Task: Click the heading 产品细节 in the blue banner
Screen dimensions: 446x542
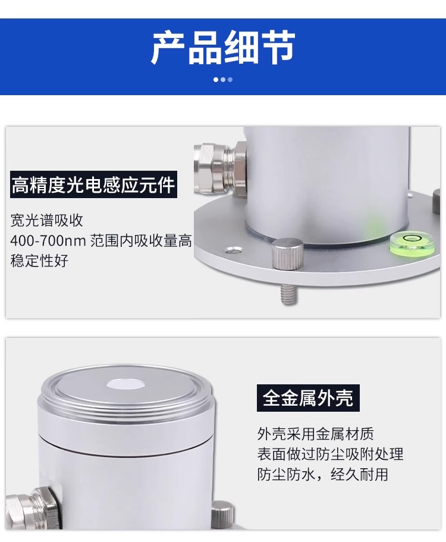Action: coord(223,47)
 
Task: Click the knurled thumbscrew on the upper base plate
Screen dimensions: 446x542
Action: coord(287,253)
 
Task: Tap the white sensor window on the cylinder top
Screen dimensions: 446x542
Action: coord(125,384)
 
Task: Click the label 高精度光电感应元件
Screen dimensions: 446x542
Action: coord(93,184)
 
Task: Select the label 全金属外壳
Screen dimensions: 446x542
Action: coord(308,398)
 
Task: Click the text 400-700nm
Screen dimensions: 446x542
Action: coord(48,240)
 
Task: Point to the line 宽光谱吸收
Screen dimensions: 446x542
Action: coord(47,221)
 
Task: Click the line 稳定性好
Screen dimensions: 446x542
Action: coord(39,261)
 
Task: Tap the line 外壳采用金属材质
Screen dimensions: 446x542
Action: coord(315,434)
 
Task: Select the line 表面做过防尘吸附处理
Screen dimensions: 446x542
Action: coord(330,454)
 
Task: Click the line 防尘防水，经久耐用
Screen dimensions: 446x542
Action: coord(323,474)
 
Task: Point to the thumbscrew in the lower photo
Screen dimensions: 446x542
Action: coord(222,514)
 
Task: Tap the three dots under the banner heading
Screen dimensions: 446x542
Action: coord(223,80)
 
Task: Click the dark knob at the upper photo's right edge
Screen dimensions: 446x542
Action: coord(436,201)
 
